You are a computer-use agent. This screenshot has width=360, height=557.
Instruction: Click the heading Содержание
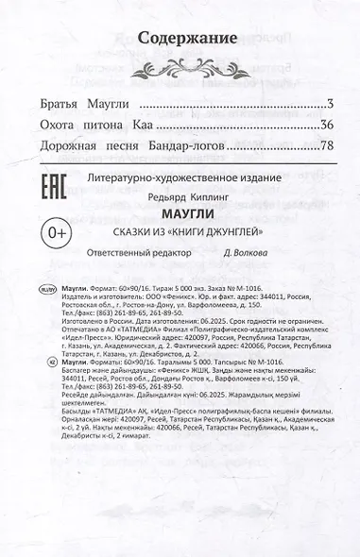click(x=186, y=39)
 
